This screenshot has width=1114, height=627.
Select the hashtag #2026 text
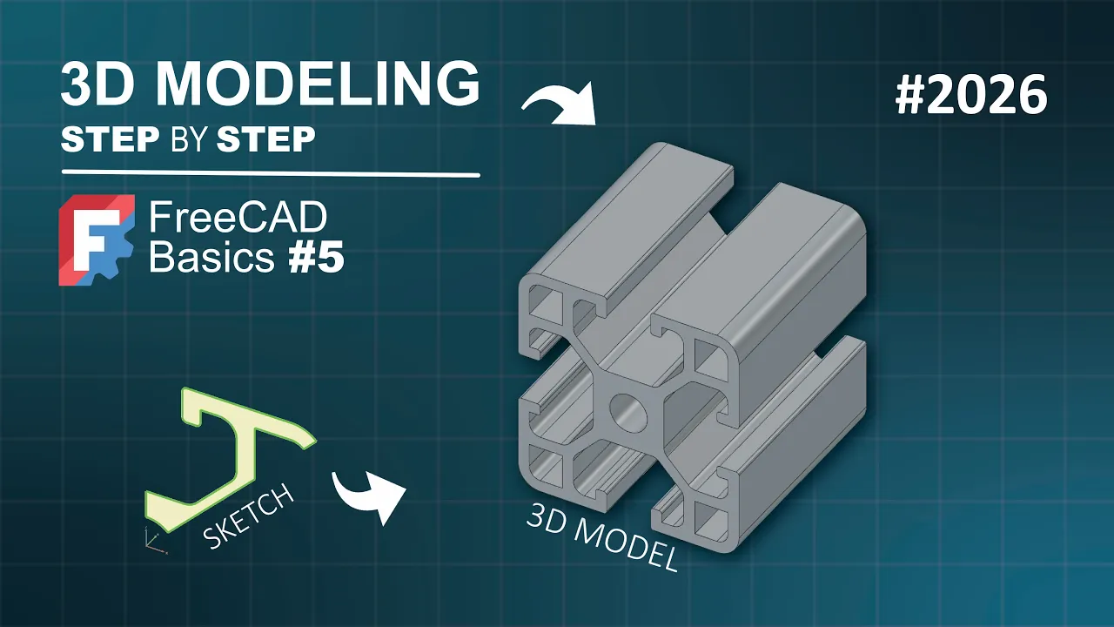[971, 95]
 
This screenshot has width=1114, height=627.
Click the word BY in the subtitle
[189, 138]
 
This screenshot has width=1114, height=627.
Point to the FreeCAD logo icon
[97, 239]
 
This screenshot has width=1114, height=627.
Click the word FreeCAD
[238, 218]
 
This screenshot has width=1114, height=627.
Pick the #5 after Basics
[316, 258]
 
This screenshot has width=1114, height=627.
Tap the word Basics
[211, 257]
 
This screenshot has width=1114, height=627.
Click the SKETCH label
[249, 516]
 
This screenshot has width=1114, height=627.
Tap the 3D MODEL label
[602, 537]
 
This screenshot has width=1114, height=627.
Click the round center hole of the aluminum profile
[628, 412]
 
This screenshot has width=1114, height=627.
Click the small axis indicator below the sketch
[154, 541]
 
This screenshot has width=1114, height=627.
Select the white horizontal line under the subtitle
[271, 173]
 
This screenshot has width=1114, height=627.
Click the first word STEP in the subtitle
[110, 138]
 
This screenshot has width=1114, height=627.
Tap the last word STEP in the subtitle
[266, 138]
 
